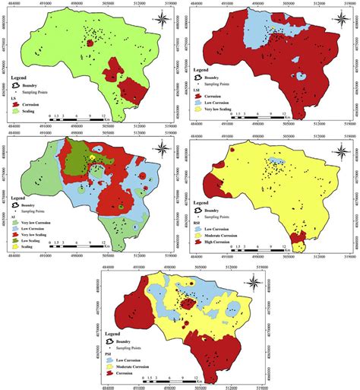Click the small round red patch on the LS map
91,44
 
